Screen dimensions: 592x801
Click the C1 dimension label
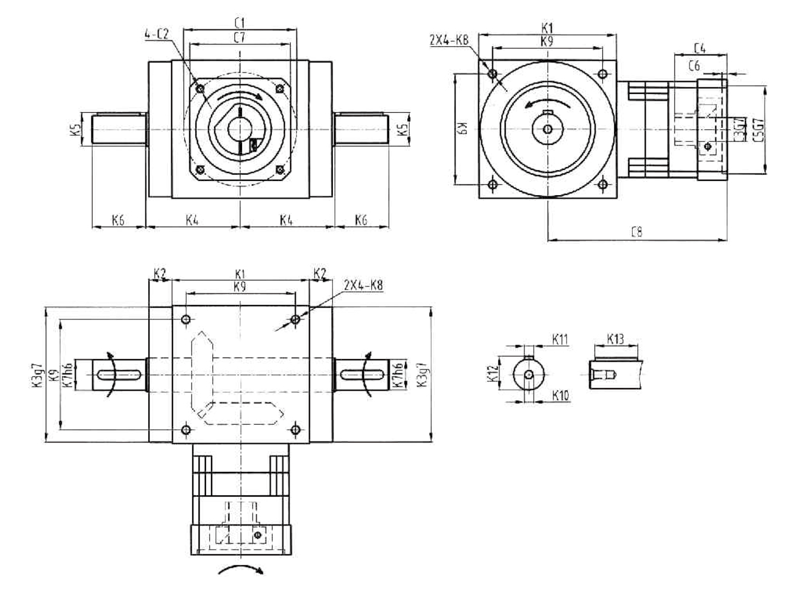(240, 22)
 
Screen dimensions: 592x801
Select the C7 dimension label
(240, 38)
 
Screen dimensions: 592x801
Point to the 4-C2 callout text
(157, 34)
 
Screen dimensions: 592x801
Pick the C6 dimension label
(693, 66)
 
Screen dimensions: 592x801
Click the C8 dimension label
(636, 232)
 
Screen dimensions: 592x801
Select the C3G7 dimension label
(740, 128)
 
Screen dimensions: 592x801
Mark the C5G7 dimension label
(758, 128)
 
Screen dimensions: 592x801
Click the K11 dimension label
(560, 339)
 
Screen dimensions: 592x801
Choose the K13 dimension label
(614, 339)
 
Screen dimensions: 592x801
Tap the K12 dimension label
(491, 374)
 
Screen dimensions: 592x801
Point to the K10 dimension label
(561, 395)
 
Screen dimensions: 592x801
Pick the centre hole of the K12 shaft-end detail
(530, 374)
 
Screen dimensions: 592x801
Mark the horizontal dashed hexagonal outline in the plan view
(244, 413)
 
